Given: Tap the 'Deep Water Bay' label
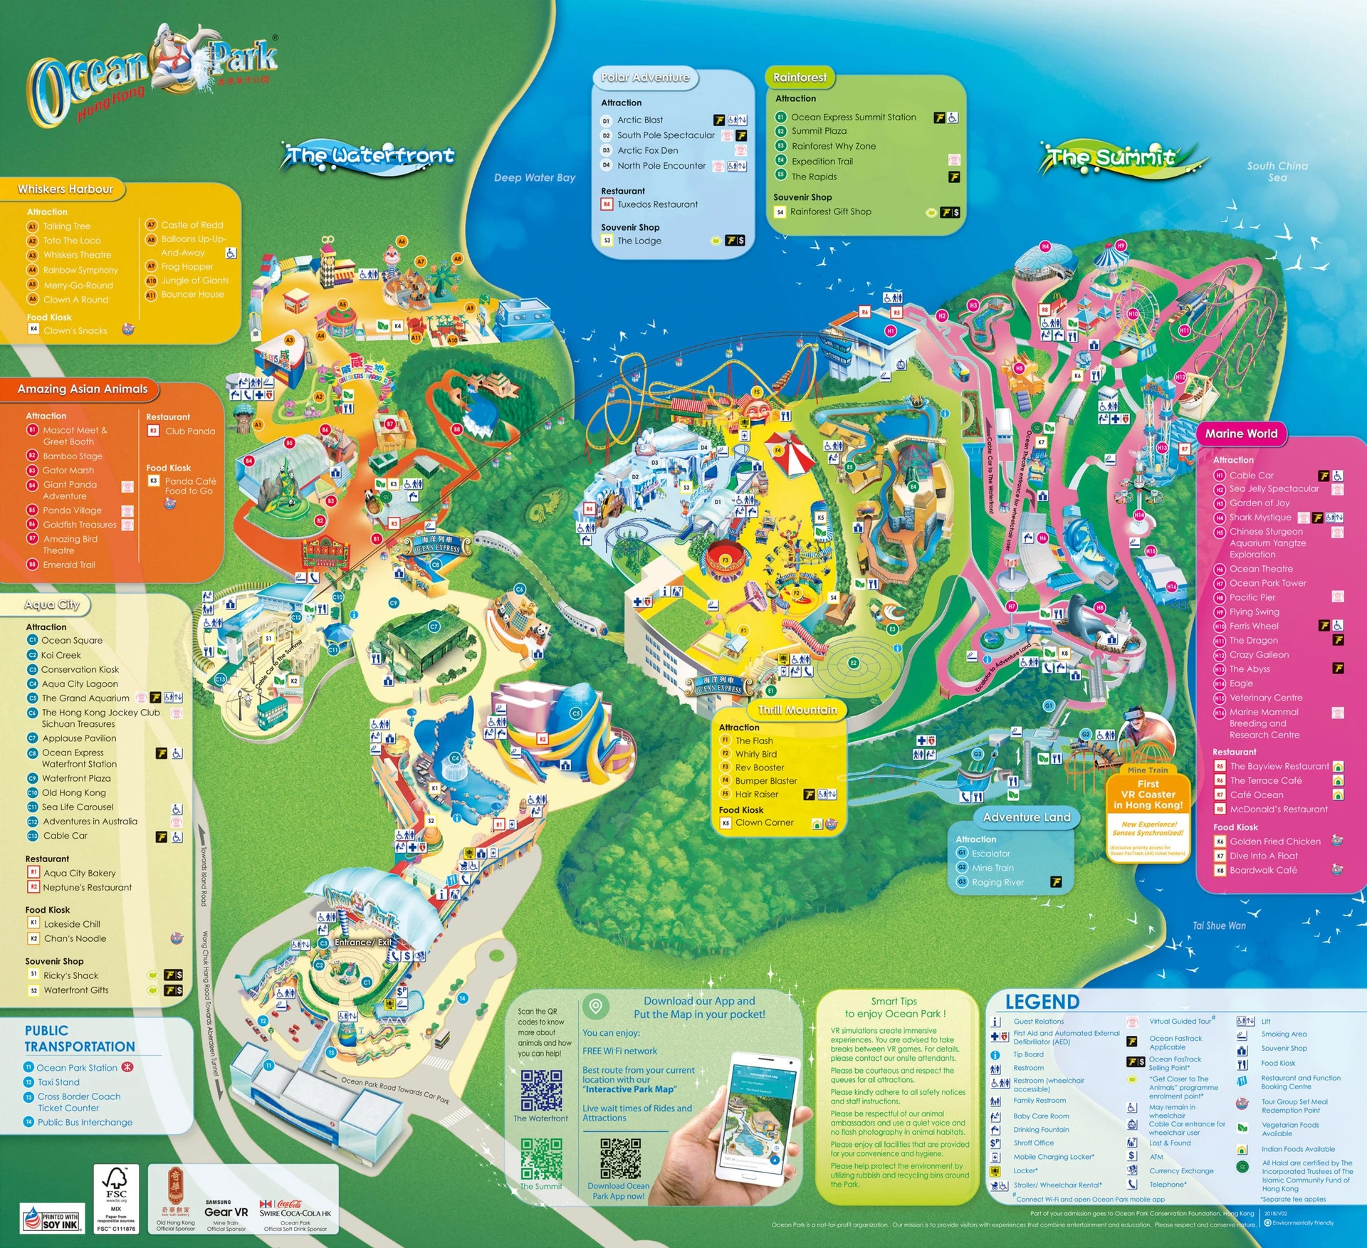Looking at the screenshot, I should pyautogui.click(x=535, y=177).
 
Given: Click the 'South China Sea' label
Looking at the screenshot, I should pyautogui.click(x=1277, y=172).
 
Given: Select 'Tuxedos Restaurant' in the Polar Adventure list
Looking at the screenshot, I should pyautogui.click(x=656, y=204).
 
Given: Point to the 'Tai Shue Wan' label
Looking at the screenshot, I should pyautogui.click(x=1219, y=925).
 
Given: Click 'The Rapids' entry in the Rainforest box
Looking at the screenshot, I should pyautogui.click(x=814, y=177).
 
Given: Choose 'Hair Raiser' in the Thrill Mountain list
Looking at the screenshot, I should pyautogui.click(x=756, y=795).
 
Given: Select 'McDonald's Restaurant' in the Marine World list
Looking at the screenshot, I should pyautogui.click(x=1278, y=809).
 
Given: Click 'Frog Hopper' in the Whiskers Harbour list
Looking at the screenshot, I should pyautogui.click(x=187, y=266).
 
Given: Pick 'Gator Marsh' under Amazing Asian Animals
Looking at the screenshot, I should pyautogui.click(x=68, y=470).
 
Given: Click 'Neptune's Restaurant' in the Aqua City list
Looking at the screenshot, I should pyautogui.click(x=87, y=887).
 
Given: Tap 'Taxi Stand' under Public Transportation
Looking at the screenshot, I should pyautogui.click(x=58, y=1082).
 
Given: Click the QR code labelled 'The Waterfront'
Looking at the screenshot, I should pyautogui.click(x=541, y=1090).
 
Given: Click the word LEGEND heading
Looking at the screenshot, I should pyautogui.click(x=1042, y=1002).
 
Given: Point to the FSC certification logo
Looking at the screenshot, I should pyautogui.click(x=116, y=1199).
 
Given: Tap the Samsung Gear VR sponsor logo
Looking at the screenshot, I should pyautogui.click(x=226, y=1211).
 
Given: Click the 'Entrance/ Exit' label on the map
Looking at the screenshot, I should pyautogui.click(x=363, y=942).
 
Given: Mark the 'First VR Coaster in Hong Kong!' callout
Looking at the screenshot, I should pyautogui.click(x=1148, y=794).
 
